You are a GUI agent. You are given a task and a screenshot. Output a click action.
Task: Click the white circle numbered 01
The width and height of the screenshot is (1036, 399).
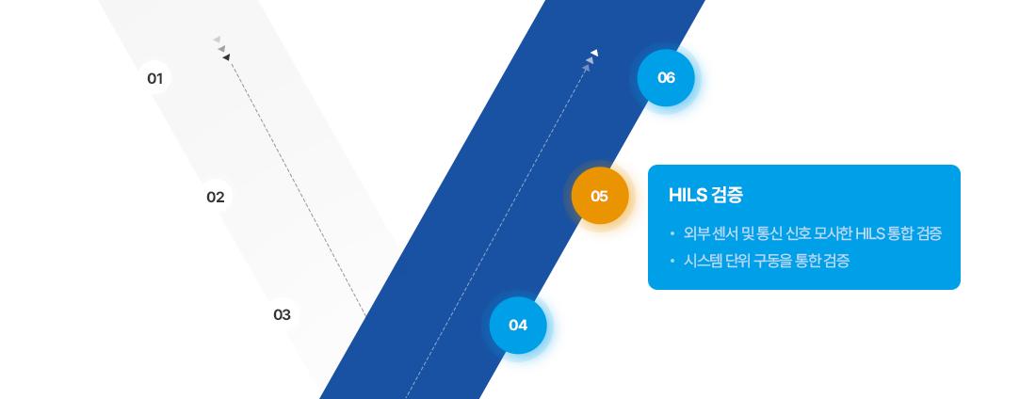point(155,78)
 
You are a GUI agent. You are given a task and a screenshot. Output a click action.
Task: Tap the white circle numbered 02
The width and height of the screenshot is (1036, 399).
point(215,197)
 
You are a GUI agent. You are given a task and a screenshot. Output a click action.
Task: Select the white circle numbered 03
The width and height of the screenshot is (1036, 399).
point(282,314)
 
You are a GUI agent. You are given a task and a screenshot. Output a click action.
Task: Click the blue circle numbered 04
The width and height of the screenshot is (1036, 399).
point(518,325)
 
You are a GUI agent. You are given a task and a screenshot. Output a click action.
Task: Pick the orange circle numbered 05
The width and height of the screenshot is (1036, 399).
point(599,197)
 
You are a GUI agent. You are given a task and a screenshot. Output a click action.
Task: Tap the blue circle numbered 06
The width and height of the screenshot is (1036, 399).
point(666,78)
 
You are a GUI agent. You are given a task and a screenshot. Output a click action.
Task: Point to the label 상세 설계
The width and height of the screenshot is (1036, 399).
point(147,196)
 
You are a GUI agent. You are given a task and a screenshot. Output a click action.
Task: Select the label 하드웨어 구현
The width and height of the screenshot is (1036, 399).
point(198,313)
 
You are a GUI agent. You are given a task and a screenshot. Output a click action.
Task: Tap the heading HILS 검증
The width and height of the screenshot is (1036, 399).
point(705,196)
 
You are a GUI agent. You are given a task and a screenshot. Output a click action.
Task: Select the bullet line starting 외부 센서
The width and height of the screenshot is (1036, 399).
point(813,232)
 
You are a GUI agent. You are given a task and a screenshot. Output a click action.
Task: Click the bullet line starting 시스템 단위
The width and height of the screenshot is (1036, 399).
point(767,261)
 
